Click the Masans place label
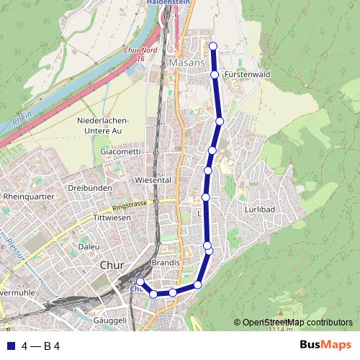click(189, 63)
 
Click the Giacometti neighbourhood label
click(121, 153)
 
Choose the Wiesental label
click(152, 180)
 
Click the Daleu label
click(89, 246)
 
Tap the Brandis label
click(166, 263)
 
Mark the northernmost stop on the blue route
click(212, 47)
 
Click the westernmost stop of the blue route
click(140, 282)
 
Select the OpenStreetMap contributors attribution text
click(297, 322)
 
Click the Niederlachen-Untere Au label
click(102, 125)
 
